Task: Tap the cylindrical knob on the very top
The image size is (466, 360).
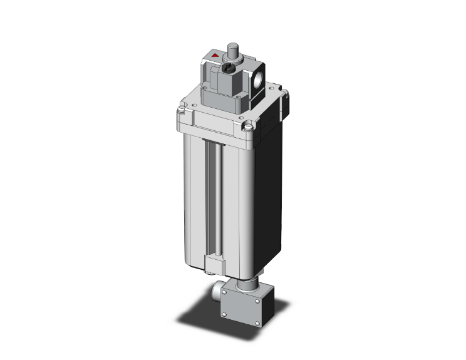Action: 234,49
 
